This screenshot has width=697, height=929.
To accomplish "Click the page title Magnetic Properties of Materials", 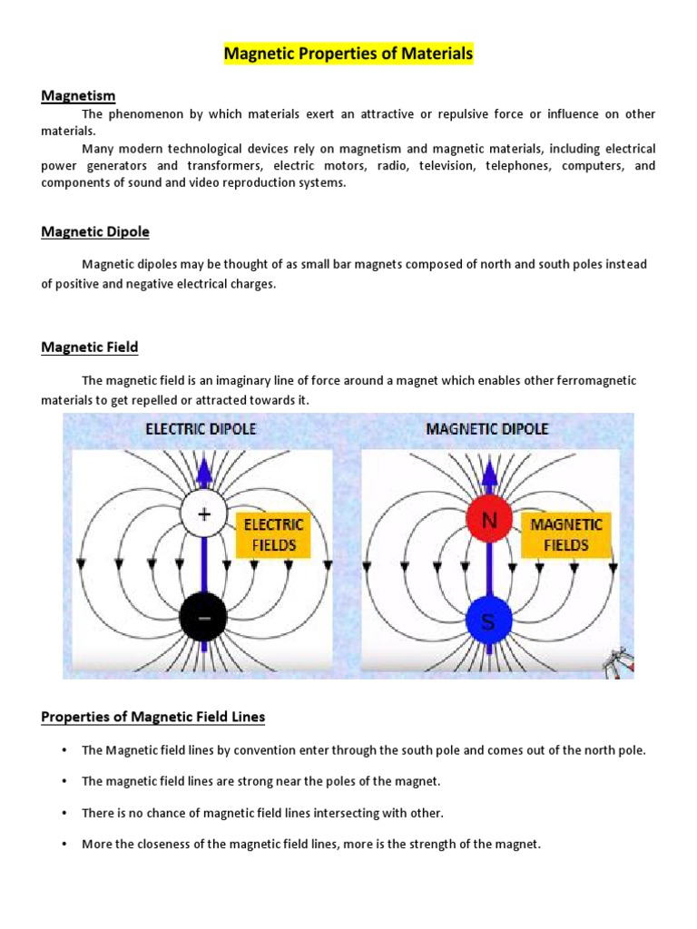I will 348,54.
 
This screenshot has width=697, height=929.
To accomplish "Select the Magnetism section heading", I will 78,95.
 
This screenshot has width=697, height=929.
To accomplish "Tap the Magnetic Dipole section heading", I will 95,231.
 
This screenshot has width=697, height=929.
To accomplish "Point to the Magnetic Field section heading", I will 90,347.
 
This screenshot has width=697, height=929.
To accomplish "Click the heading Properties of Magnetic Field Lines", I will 153,717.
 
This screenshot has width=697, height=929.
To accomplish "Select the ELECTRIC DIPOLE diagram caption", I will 201,428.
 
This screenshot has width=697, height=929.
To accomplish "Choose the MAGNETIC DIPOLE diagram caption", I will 487,428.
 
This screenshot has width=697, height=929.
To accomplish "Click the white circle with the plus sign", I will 204,514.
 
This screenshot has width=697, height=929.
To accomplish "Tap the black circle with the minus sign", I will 204,619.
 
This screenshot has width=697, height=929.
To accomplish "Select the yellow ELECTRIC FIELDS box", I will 272,535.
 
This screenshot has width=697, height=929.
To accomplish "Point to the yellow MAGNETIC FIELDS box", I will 565,535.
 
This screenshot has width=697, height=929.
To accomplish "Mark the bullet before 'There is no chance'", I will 64,813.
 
